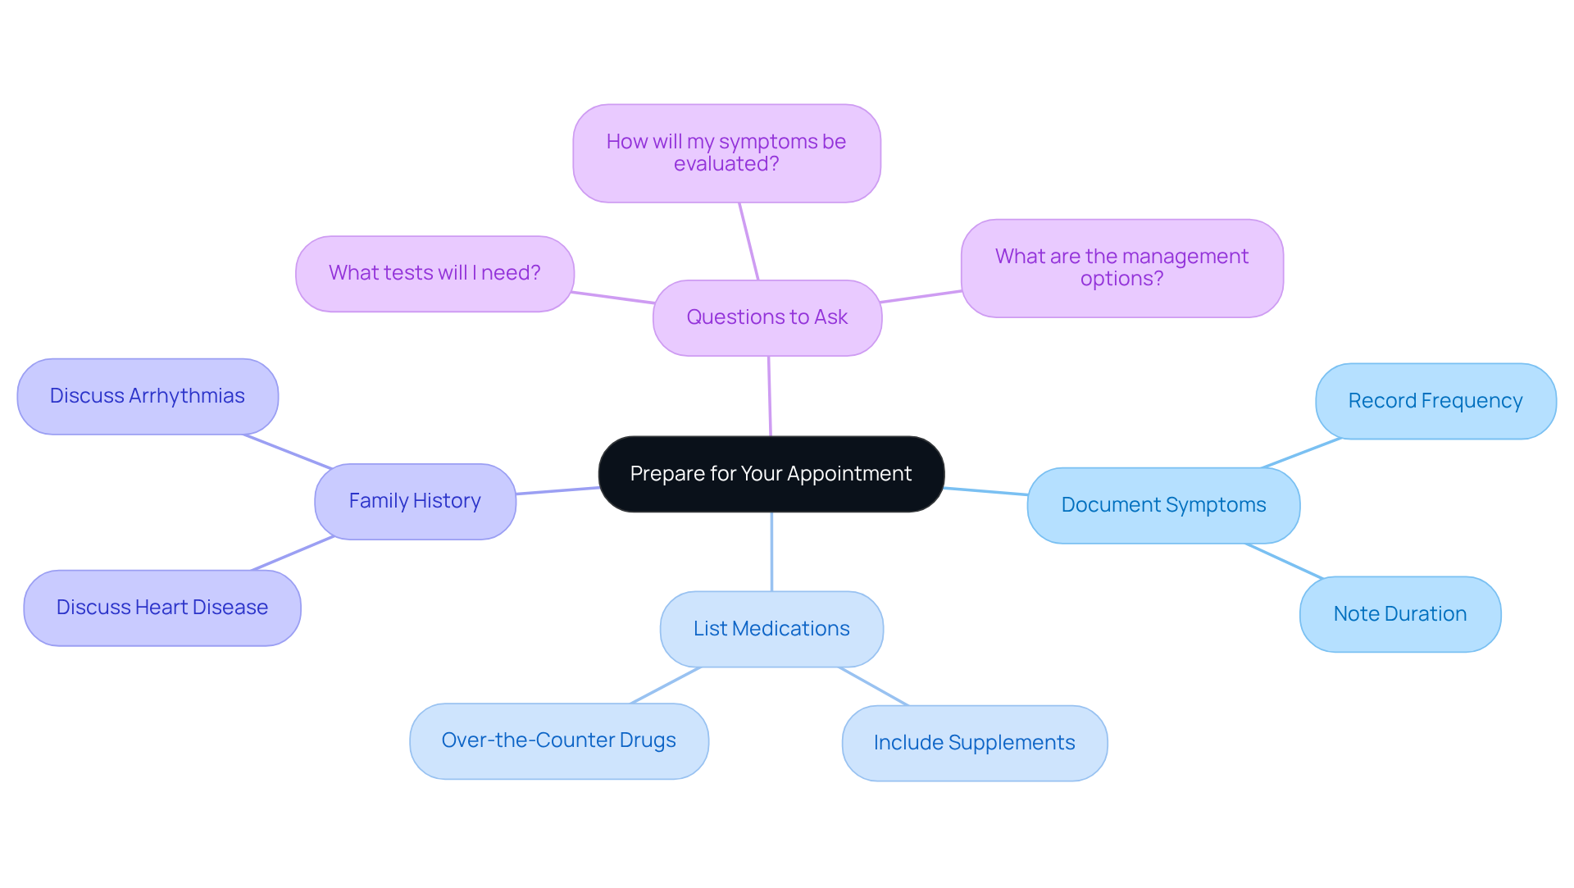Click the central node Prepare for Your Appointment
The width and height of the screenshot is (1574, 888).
coord(771,474)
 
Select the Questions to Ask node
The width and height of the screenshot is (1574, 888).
coord(767,317)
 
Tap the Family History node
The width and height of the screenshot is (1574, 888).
coord(415,501)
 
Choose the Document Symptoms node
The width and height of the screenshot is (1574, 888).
coord(1163,505)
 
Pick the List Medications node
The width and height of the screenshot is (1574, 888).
coord(771,629)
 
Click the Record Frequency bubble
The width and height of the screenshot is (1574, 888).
coord(1435,401)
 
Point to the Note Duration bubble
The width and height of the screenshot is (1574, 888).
coord(1399,614)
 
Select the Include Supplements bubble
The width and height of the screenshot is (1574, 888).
coord(974,743)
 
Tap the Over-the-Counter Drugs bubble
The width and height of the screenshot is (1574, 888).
coord(558,740)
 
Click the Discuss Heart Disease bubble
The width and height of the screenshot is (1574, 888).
coord(162,608)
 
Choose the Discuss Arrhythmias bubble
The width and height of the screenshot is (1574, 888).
coord(148,396)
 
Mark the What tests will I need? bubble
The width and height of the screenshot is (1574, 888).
coord(434,273)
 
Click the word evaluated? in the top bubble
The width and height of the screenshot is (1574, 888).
coord(726,164)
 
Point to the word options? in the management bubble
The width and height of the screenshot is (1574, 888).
coord(1121,279)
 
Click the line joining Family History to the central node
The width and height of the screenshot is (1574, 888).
coord(557,490)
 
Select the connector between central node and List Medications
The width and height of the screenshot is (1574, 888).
coord(771,551)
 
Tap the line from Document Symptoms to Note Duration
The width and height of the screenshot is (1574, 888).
coord(1284,561)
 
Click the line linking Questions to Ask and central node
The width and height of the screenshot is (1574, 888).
coord(769,396)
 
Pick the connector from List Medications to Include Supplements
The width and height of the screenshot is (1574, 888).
coord(874,686)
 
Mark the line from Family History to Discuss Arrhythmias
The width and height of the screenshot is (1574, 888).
coord(288,452)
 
